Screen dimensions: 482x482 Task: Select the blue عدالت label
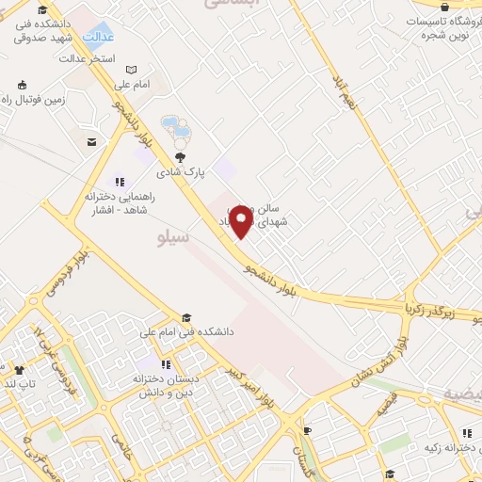(x=99, y=38)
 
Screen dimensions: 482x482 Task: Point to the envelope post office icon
(x=91, y=142)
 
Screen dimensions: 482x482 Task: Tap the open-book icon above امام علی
(x=132, y=69)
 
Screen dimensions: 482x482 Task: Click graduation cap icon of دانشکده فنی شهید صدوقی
(x=42, y=9)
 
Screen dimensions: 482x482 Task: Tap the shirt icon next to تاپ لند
(x=19, y=370)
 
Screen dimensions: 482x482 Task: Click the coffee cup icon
(x=307, y=431)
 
